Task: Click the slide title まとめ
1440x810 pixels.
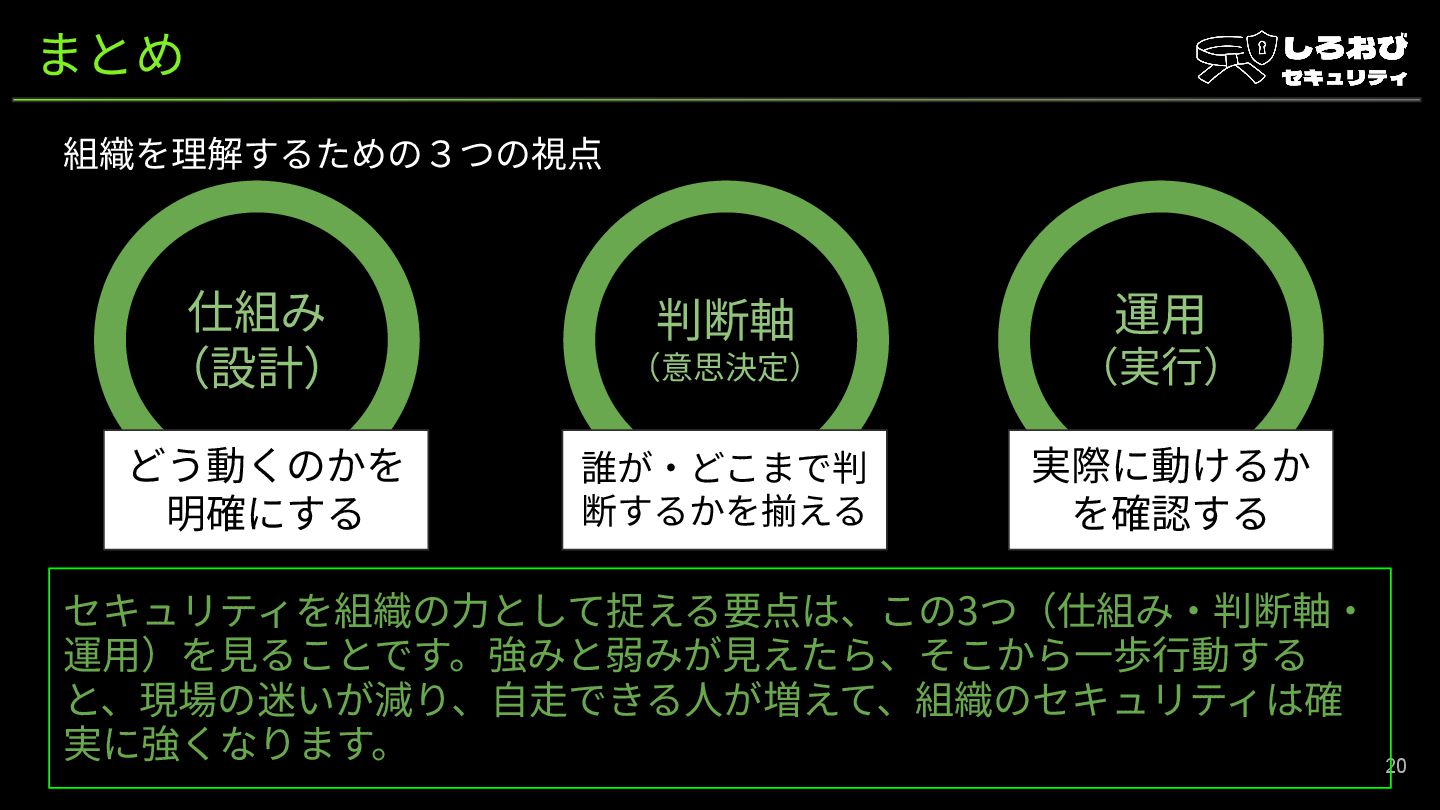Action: [x=111, y=54]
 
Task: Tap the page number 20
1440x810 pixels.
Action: [x=1395, y=766]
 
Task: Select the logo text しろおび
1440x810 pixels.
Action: [x=1345, y=47]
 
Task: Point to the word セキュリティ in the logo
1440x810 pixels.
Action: [x=1344, y=78]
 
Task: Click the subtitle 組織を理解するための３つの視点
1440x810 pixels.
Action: [x=333, y=155]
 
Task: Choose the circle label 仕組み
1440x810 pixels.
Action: [x=257, y=313]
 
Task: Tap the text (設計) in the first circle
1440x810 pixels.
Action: [x=257, y=368]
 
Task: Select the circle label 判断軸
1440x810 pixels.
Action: [x=725, y=320]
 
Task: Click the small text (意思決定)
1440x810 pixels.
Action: [x=725, y=367]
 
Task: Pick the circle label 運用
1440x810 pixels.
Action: [x=1160, y=314]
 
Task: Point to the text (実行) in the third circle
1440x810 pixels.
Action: [x=1160, y=367]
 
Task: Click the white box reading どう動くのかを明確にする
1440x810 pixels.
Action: [x=266, y=490]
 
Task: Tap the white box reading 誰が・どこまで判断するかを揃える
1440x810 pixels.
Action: [x=724, y=490]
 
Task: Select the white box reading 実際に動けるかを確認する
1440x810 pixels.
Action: [x=1170, y=490]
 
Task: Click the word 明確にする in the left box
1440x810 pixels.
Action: [x=266, y=514]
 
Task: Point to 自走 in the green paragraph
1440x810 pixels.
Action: [x=530, y=700]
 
